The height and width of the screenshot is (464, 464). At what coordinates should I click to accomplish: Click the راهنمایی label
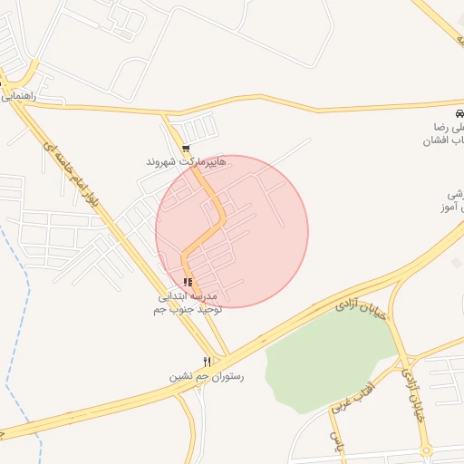pos(18,94)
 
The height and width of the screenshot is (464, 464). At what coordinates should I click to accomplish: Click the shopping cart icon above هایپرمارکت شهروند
pos(186,149)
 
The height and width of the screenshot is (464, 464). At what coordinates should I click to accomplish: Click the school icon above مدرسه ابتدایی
pos(188,283)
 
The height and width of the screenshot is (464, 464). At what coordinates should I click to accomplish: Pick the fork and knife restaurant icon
pos(208,362)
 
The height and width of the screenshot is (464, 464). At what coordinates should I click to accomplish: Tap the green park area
pos(326,353)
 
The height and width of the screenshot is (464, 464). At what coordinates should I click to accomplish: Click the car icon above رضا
pos(460,112)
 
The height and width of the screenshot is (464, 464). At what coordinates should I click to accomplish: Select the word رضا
pos(443,127)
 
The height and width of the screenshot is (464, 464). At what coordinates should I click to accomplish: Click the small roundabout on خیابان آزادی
pos(426,450)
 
